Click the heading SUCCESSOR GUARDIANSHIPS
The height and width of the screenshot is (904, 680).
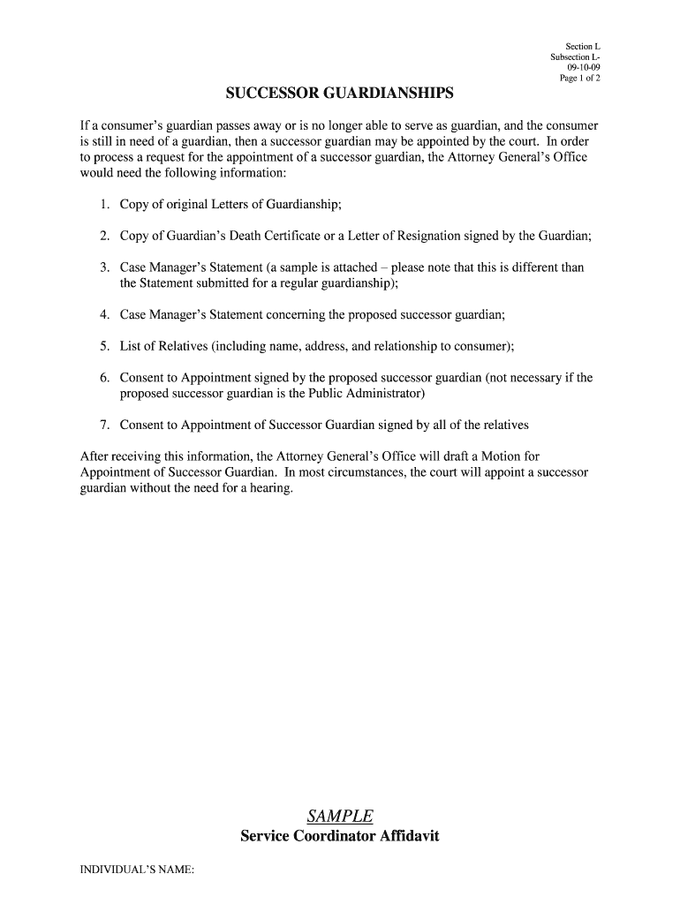(340, 94)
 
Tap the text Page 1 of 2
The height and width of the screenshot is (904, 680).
(580, 78)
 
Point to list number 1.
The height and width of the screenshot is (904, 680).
(104, 205)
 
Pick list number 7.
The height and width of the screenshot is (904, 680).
(104, 425)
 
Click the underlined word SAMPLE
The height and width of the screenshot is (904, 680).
(340, 816)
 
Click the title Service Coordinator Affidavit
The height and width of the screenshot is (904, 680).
(340, 836)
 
